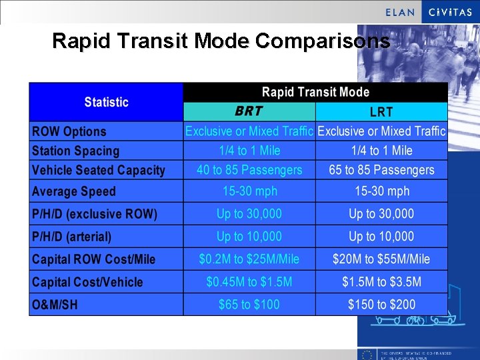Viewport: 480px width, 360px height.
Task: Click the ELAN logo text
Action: click(x=400, y=12)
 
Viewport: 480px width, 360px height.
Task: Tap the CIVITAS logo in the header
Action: click(x=450, y=12)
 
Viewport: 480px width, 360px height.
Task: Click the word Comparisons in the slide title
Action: click(x=323, y=41)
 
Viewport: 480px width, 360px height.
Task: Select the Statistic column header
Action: click(x=106, y=102)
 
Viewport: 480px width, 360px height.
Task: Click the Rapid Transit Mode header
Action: click(x=315, y=92)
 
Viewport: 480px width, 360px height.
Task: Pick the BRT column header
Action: click(x=249, y=111)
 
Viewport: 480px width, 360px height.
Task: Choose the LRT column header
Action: click(x=381, y=112)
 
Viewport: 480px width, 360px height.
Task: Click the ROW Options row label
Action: click(x=69, y=131)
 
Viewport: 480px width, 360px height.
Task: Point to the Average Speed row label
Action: click(x=74, y=191)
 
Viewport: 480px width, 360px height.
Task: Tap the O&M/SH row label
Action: click(x=55, y=305)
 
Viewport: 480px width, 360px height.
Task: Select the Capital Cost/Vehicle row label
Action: click(x=87, y=282)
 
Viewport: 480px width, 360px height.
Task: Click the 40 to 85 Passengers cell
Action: click(x=249, y=170)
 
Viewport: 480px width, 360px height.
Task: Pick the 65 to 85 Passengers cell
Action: click(x=381, y=170)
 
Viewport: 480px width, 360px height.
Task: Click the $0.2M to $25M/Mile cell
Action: click(x=249, y=259)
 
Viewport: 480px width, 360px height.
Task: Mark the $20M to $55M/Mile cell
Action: click(x=381, y=259)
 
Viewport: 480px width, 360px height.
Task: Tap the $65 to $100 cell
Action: click(x=249, y=305)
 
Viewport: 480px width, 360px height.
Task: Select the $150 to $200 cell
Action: click(x=381, y=305)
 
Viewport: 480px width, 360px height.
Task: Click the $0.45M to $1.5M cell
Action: click(x=249, y=282)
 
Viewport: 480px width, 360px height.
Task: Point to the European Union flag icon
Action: click(x=366, y=354)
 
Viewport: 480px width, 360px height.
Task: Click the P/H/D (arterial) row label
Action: click(x=72, y=237)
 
